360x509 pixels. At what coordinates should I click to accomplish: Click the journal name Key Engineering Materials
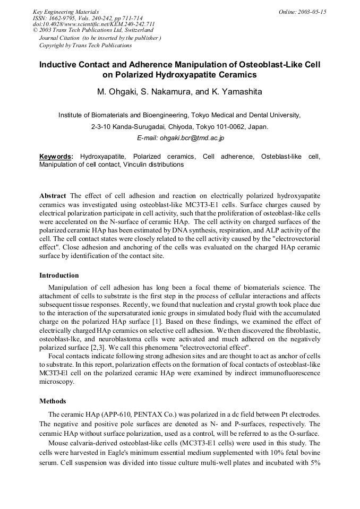pyautogui.click(x=66, y=12)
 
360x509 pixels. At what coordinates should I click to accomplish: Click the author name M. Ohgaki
pyautogui.click(x=116, y=92)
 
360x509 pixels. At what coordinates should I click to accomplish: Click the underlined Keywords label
pyautogui.click(x=56, y=157)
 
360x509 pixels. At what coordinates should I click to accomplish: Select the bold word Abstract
pyautogui.click(x=53, y=195)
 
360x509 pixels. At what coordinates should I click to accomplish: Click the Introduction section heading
pyautogui.click(x=59, y=275)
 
